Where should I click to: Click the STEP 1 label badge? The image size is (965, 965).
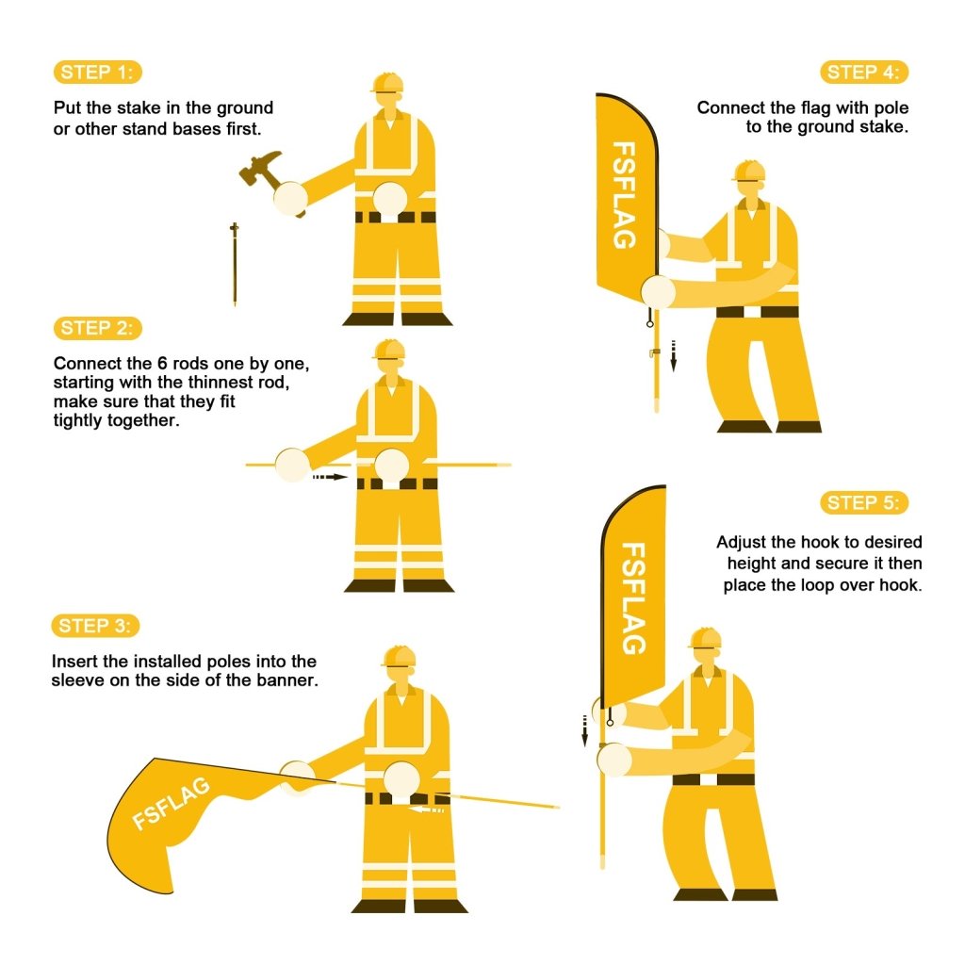point(98,73)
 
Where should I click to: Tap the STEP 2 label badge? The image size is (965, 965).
point(98,328)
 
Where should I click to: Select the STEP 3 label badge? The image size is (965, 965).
point(98,626)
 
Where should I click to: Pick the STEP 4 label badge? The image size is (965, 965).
point(864,73)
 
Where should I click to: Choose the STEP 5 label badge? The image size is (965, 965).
point(864,502)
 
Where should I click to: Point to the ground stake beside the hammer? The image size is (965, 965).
point(235,264)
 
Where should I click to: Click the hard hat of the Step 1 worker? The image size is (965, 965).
point(387,83)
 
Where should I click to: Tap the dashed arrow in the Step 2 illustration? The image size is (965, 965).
point(330,478)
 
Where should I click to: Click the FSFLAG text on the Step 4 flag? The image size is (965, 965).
point(624,195)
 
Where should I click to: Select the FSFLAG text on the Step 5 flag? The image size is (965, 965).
point(635,597)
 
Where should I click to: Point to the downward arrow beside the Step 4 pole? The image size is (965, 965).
point(674,355)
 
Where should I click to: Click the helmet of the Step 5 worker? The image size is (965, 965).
point(705,639)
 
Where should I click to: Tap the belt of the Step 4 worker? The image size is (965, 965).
point(757,312)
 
